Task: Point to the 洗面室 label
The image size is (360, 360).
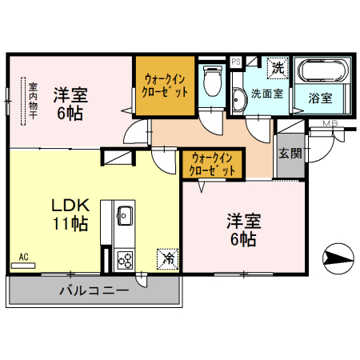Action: point(266,94)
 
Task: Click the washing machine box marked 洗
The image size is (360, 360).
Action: point(277,68)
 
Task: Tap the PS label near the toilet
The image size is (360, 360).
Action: point(236,61)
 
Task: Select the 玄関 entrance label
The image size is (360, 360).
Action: point(290,153)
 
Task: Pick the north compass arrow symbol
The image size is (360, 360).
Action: point(338,258)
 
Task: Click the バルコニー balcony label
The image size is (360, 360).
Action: point(93,290)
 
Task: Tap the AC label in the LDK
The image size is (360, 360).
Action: point(23,257)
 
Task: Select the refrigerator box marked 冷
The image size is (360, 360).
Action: point(168,258)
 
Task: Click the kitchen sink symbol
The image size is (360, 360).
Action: point(126,214)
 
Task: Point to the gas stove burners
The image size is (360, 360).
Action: point(126,258)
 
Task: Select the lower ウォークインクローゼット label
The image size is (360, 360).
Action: point(211,164)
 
